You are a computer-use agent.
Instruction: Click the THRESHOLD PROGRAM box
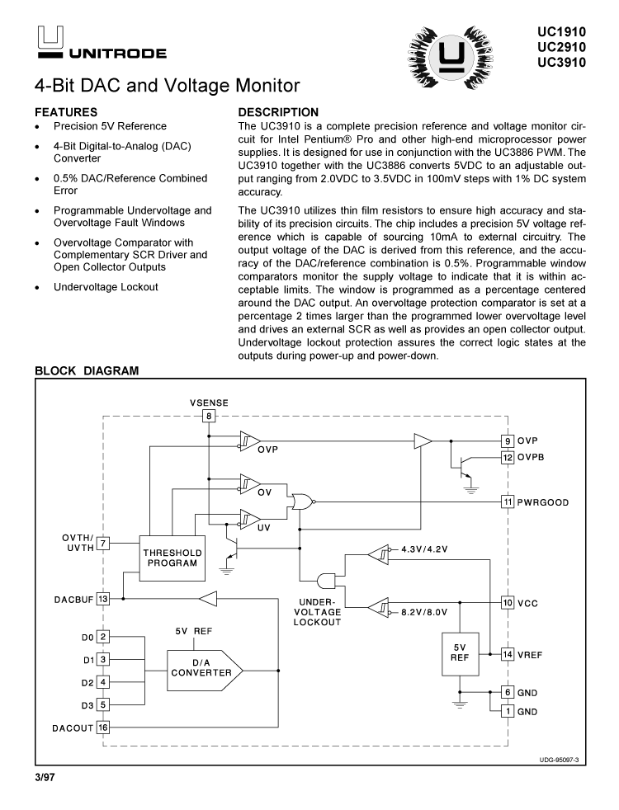click(171, 558)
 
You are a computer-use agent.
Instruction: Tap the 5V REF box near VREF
click(460, 652)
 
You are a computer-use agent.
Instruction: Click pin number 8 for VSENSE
click(210, 417)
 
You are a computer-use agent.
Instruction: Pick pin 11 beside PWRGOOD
click(508, 502)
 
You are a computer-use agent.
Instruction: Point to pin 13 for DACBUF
click(103, 599)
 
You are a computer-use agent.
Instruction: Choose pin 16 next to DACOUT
click(103, 727)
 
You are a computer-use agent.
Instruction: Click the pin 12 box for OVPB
click(508, 457)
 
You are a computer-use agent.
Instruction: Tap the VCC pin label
click(528, 603)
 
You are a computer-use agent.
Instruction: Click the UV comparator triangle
click(248, 520)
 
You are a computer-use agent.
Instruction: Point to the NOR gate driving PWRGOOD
click(300, 502)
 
